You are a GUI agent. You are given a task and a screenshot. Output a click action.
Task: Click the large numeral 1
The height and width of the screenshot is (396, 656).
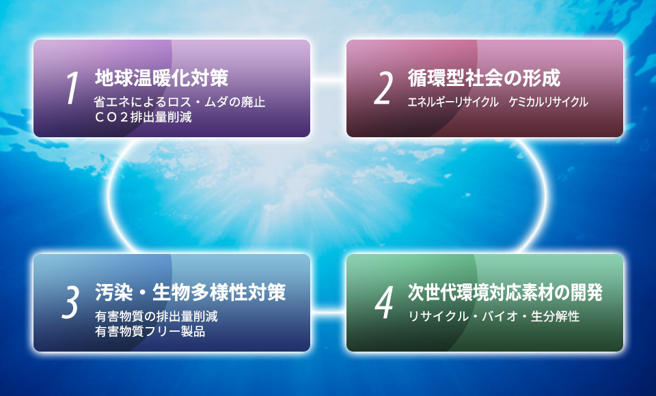pos(72,88)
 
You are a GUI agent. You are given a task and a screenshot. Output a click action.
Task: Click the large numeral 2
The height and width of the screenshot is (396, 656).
pos(383,88)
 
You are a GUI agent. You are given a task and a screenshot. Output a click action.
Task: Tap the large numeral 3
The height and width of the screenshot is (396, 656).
pos(70,302)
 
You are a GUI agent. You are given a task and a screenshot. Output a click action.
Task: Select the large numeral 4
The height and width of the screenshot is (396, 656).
pos(383,302)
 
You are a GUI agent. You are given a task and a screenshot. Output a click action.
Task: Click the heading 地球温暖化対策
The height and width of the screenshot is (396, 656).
pos(161,78)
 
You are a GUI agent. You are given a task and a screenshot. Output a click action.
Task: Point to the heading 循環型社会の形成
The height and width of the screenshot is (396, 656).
pos(484,78)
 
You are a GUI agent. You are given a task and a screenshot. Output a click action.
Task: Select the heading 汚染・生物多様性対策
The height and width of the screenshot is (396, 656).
pos(191,292)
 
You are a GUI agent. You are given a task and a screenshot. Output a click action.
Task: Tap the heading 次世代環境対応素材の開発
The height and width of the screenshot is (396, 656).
pos(505,292)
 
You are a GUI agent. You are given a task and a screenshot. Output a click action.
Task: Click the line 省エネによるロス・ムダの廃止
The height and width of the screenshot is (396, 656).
pos(180,102)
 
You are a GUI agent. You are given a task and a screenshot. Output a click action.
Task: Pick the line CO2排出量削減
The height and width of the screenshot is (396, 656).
pos(143,117)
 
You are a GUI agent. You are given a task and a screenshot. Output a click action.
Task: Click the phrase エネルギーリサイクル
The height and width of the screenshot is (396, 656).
pos(453,102)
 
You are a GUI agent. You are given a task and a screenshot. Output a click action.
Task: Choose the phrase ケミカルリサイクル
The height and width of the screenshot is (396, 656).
pos(549,102)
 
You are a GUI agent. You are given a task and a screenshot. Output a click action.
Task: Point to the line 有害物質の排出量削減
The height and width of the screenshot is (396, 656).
pos(156,316)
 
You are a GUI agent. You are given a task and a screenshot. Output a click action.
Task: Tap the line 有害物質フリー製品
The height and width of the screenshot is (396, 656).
pos(150,331)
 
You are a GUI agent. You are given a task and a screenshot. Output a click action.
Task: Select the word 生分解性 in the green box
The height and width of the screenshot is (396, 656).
pos(555,316)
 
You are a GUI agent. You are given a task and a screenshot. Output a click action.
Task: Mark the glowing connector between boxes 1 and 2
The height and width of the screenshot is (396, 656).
pos(329,79)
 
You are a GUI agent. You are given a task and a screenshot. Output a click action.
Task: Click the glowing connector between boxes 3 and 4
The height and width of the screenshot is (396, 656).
pos(329,311)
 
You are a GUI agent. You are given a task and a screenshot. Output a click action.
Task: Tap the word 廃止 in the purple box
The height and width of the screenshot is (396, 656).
pos(253,102)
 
